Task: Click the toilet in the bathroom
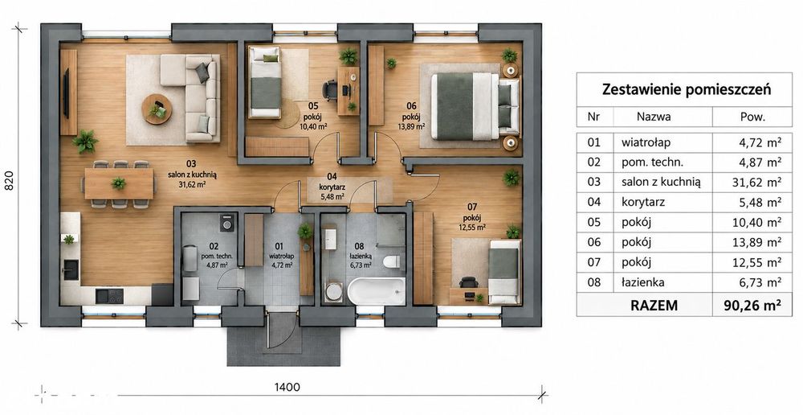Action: click(x=390, y=261)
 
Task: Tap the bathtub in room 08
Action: click(x=377, y=292)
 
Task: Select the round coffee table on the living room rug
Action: click(x=157, y=109)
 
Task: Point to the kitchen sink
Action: click(x=71, y=269)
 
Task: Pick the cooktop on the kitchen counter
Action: click(x=109, y=295)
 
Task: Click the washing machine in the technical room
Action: click(x=226, y=222)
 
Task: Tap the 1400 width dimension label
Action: click(x=287, y=387)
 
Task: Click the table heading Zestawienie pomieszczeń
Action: click(x=687, y=89)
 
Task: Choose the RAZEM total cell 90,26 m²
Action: click(x=752, y=306)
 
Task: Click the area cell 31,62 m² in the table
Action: click(x=755, y=182)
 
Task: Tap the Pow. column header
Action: click(x=752, y=117)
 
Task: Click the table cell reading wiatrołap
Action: click(x=646, y=142)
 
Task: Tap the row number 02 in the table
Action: click(x=593, y=162)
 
